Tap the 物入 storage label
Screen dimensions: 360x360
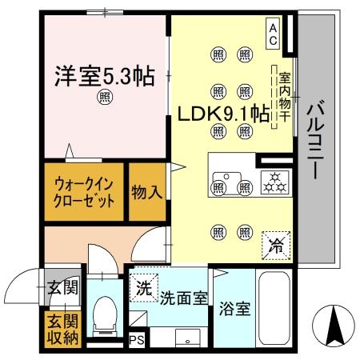(146, 192)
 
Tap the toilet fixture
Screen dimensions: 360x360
(104, 314)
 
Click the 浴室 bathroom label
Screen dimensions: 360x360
(235, 308)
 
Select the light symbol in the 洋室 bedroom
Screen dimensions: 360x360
(105, 98)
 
